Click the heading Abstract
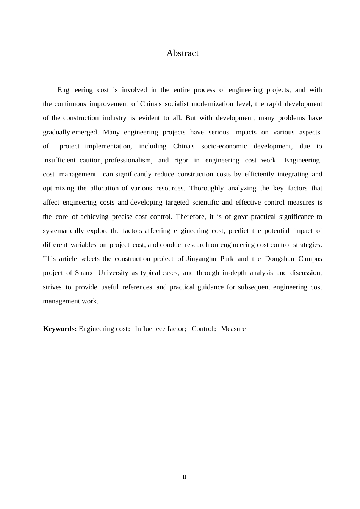(182, 53)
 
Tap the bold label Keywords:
(60, 329)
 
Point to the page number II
(185, 477)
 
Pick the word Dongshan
(280, 259)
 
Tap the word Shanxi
(85, 273)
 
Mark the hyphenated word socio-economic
(224, 146)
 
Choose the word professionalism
(128, 160)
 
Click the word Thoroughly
(206, 188)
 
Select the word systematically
(63, 231)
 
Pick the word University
(113, 273)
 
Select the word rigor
(181, 160)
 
